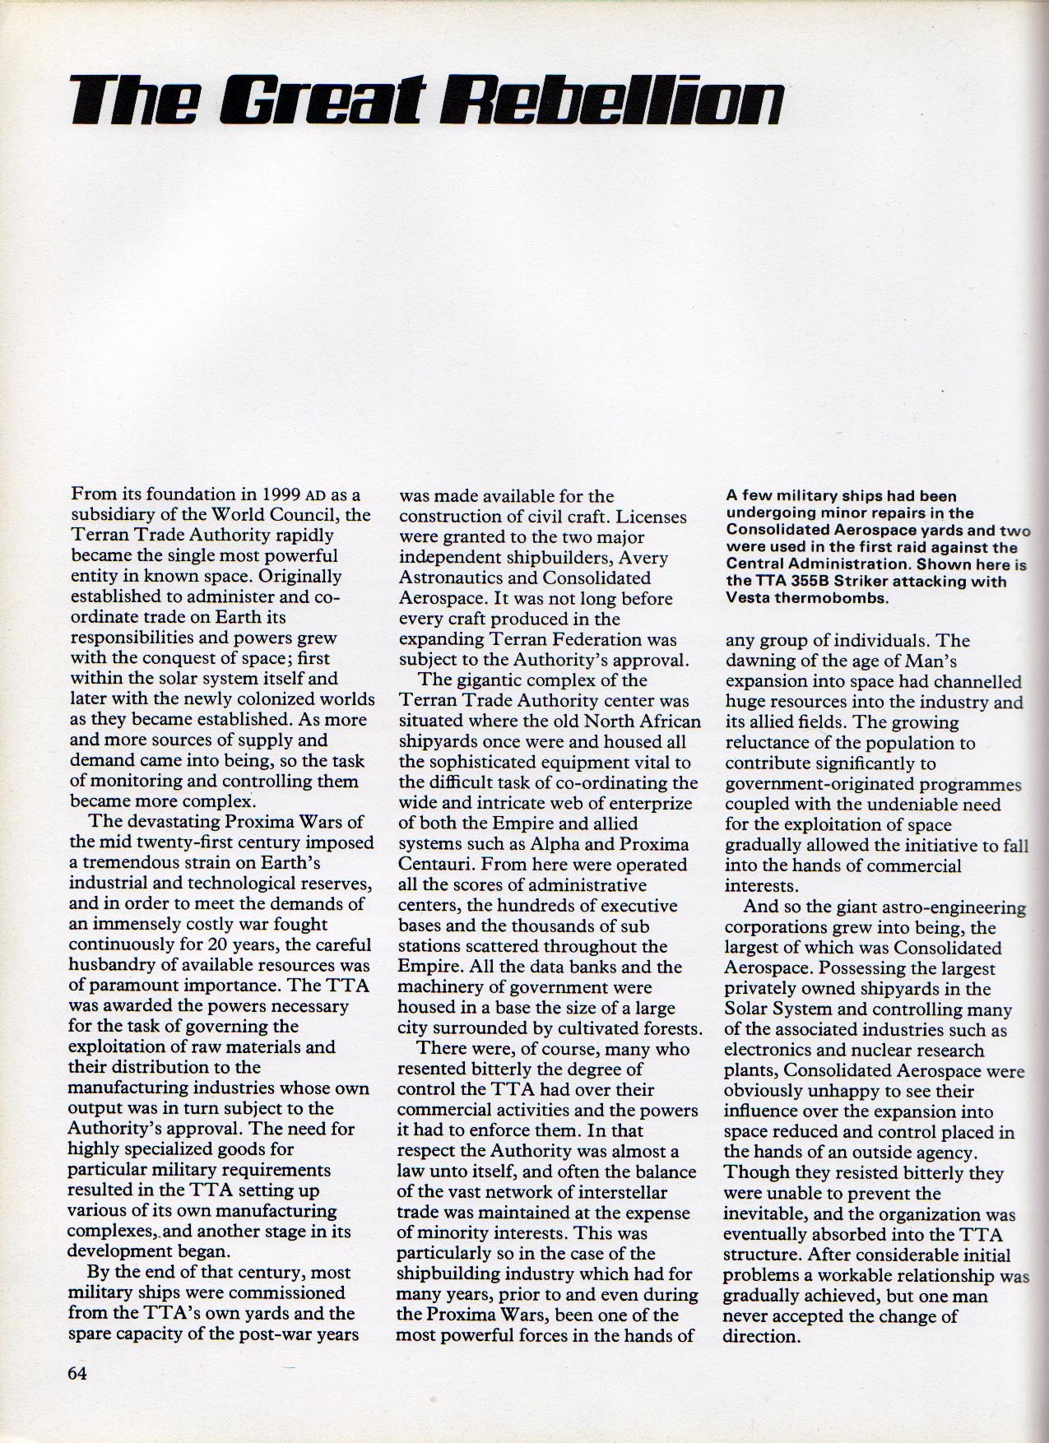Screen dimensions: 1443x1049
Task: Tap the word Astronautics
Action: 449,578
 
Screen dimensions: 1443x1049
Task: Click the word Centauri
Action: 431,865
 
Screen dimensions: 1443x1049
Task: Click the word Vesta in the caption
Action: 749,598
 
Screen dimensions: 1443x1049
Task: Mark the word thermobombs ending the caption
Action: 831,598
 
